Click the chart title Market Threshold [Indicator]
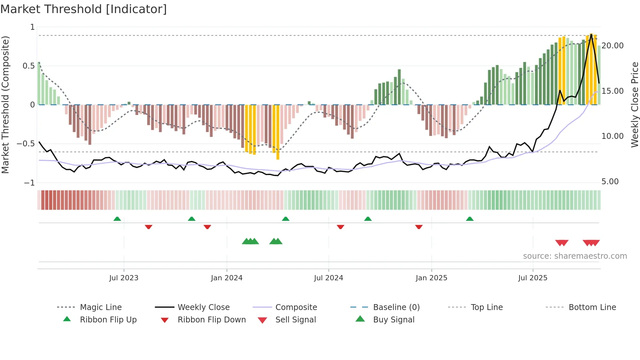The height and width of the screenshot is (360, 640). pos(84,9)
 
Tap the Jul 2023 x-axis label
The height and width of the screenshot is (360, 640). pos(124,278)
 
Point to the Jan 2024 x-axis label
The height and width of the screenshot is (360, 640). pos(227,278)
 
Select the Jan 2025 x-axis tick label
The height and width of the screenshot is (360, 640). pos(431,278)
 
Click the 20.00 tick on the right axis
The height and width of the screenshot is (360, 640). pos(613,46)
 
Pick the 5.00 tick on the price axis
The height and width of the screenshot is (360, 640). pos(610,182)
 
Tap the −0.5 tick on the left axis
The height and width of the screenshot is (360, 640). pos(26,144)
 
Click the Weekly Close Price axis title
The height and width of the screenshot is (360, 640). pos(634,105)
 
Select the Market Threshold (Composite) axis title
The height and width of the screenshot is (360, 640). pos(5,105)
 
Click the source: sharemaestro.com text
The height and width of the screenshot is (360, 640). pos(575,256)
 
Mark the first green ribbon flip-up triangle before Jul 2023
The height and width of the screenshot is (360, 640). pos(117,219)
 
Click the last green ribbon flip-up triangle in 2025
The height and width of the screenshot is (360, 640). pos(470,219)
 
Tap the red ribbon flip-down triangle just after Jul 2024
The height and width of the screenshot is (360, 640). pos(341,227)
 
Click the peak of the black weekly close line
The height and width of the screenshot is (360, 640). pos(591,34)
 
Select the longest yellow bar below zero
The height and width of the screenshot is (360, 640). pos(278,132)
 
